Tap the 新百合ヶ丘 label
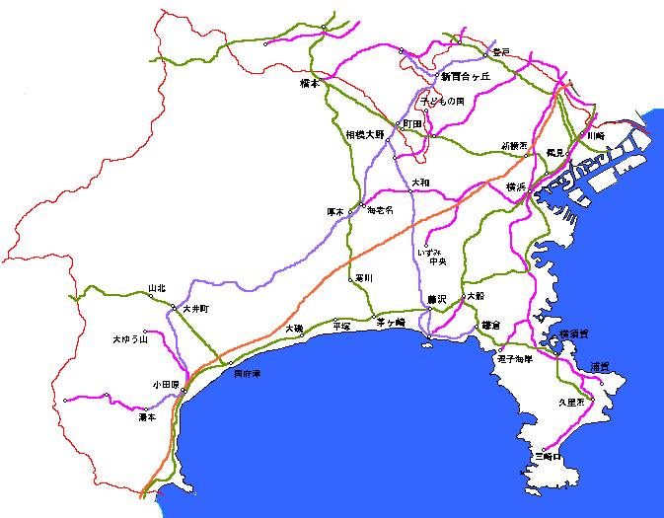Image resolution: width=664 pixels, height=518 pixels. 465,75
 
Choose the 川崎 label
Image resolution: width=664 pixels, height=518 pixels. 594,135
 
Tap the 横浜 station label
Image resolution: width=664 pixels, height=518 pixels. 515,185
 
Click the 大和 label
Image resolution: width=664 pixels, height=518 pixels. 421,182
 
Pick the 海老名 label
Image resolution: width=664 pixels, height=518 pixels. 380,210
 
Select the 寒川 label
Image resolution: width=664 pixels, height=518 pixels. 364,278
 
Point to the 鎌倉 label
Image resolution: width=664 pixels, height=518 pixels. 490,325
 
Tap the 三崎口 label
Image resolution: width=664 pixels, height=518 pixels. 547,457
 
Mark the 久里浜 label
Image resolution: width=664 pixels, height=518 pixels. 571,402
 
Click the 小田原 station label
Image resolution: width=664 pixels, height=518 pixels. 166,384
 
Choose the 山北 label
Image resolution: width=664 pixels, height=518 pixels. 157,288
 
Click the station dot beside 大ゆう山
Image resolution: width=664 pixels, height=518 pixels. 145,332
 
